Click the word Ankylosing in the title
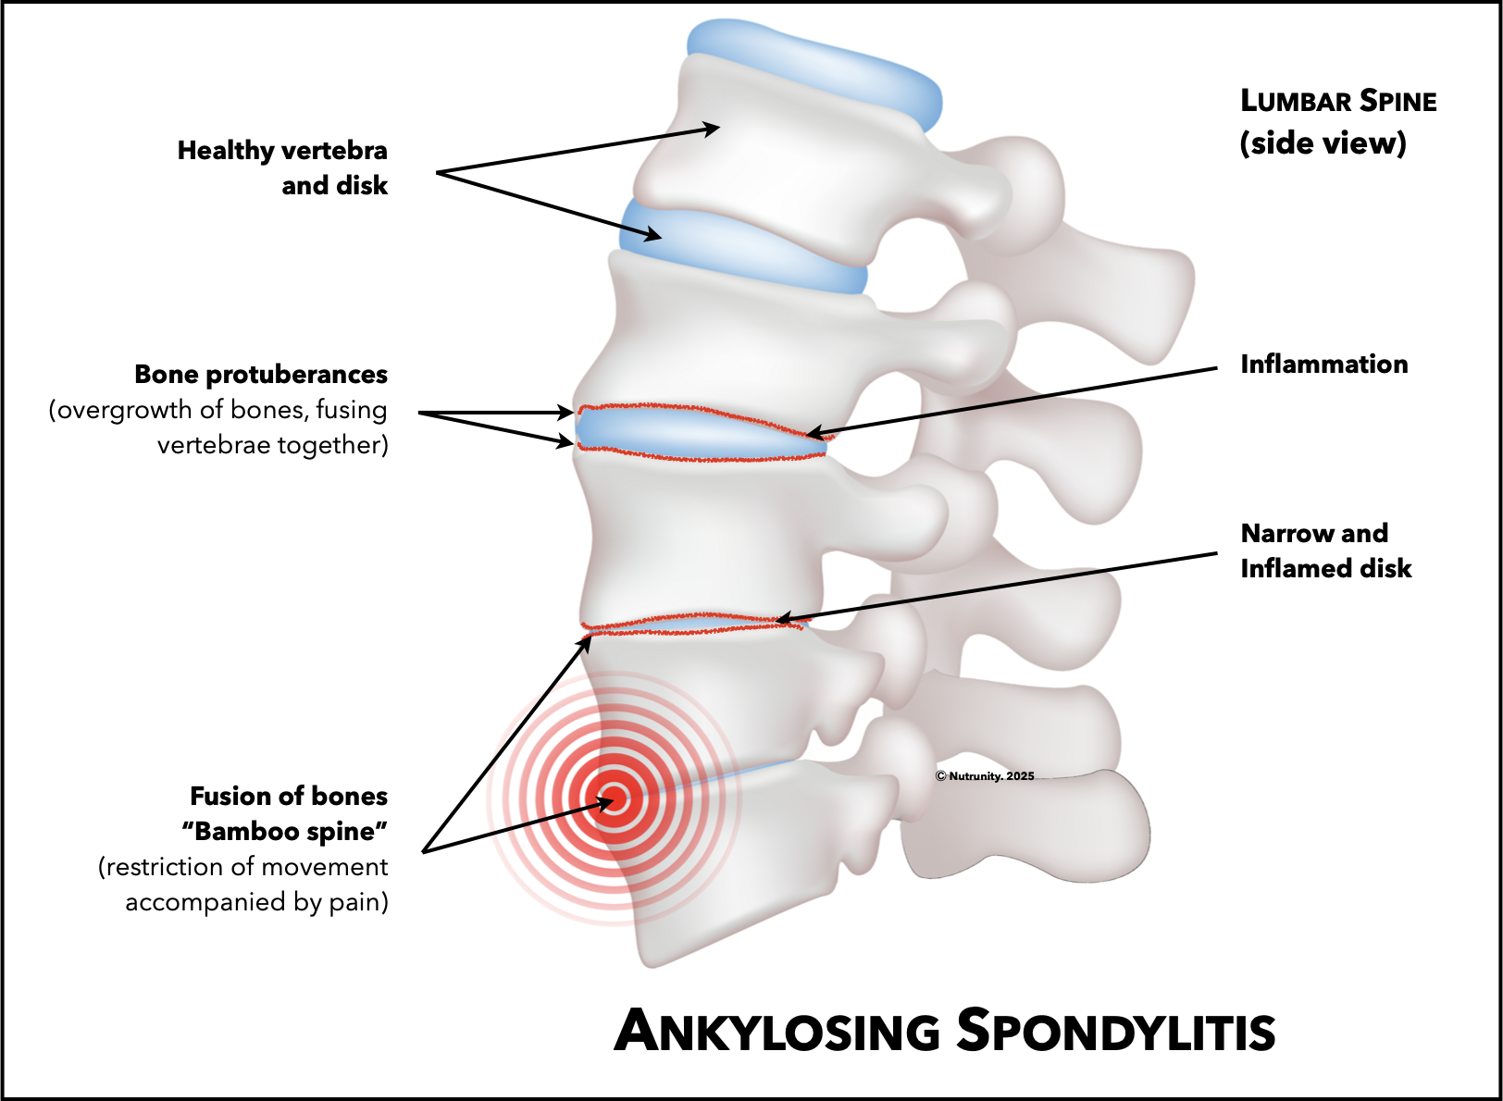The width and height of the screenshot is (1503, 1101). pos(777,1031)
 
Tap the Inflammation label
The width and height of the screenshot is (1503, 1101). pos(1323,365)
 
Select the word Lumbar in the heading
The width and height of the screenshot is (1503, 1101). pos(1296,101)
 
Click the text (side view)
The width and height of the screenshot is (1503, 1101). pos(1323,143)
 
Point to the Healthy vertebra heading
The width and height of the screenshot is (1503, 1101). pos(282,151)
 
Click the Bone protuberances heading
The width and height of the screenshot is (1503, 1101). pos(261,375)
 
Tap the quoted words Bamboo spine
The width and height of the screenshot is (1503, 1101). pos(285,832)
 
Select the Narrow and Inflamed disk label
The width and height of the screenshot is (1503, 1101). pos(1325,550)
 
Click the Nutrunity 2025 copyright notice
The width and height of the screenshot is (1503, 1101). pos(985,776)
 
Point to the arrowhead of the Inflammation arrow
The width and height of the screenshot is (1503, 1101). pos(812,433)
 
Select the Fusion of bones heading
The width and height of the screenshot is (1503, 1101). pos(289,797)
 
